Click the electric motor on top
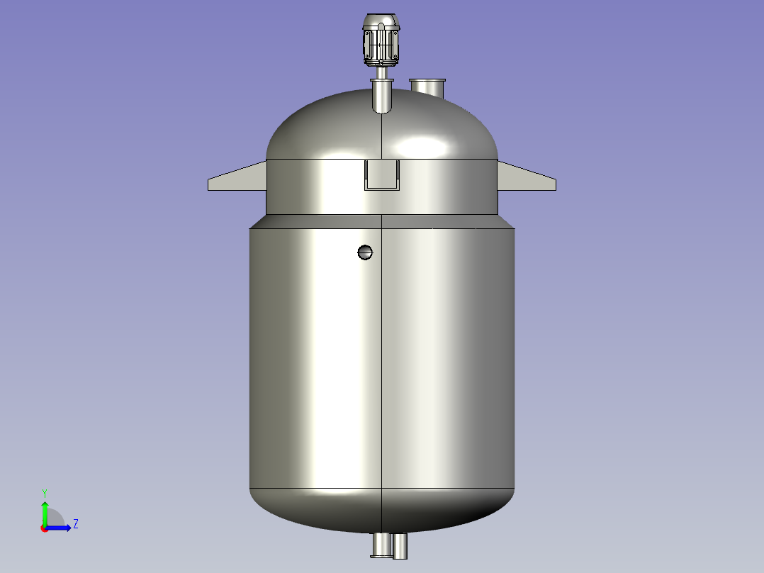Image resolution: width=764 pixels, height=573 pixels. coord(381,40)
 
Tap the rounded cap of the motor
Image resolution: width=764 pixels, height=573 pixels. coord(381,21)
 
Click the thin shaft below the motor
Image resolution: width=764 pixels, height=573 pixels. coord(381,72)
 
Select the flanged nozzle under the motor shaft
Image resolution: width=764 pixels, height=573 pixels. coord(382,96)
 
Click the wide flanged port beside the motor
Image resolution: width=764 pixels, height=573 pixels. coord(427,88)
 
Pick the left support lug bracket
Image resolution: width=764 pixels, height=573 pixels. coord(237,176)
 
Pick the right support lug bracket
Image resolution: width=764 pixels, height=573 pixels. coord(527,176)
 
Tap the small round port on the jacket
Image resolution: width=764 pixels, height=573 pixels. coord(365,252)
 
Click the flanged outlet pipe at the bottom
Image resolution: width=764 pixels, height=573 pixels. coord(381,545)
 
